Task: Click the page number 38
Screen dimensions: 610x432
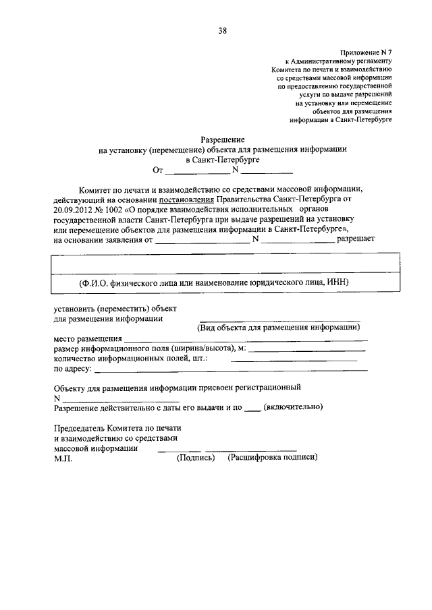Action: click(x=222, y=30)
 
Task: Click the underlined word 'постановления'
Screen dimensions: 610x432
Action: click(x=187, y=200)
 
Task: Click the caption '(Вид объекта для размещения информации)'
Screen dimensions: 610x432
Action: click(x=278, y=328)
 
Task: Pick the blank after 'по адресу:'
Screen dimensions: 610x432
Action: click(x=234, y=369)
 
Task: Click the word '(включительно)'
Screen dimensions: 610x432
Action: click(x=294, y=407)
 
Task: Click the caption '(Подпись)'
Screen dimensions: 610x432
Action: click(x=196, y=458)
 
